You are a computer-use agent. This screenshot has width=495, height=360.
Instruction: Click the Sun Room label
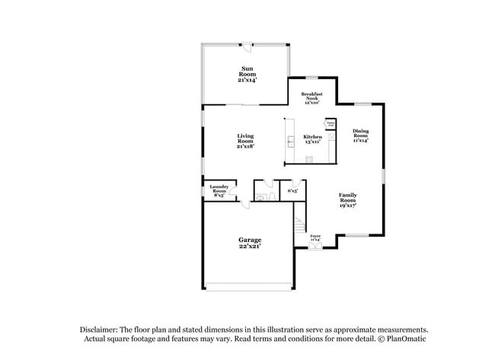point(246,73)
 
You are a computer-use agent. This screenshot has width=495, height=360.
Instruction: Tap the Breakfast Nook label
point(312,97)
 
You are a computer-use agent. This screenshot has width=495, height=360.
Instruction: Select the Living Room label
point(244,141)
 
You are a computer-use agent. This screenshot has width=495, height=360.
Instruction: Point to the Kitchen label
point(312,139)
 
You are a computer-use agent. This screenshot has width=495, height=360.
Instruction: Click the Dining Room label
point(360,135)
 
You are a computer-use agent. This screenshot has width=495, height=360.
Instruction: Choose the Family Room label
point(348,199)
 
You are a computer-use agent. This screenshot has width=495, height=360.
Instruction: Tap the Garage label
point(250,243)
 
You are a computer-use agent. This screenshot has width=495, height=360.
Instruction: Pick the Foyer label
point(315,238)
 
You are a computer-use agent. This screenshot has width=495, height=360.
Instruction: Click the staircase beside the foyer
point(299,227)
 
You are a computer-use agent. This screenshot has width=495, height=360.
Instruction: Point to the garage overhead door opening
point(248,287)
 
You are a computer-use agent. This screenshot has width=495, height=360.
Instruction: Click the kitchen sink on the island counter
point(290,141)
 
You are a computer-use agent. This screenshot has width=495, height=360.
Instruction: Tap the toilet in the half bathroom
point(261,197)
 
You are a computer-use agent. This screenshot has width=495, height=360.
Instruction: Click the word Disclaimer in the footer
point(103,330)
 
